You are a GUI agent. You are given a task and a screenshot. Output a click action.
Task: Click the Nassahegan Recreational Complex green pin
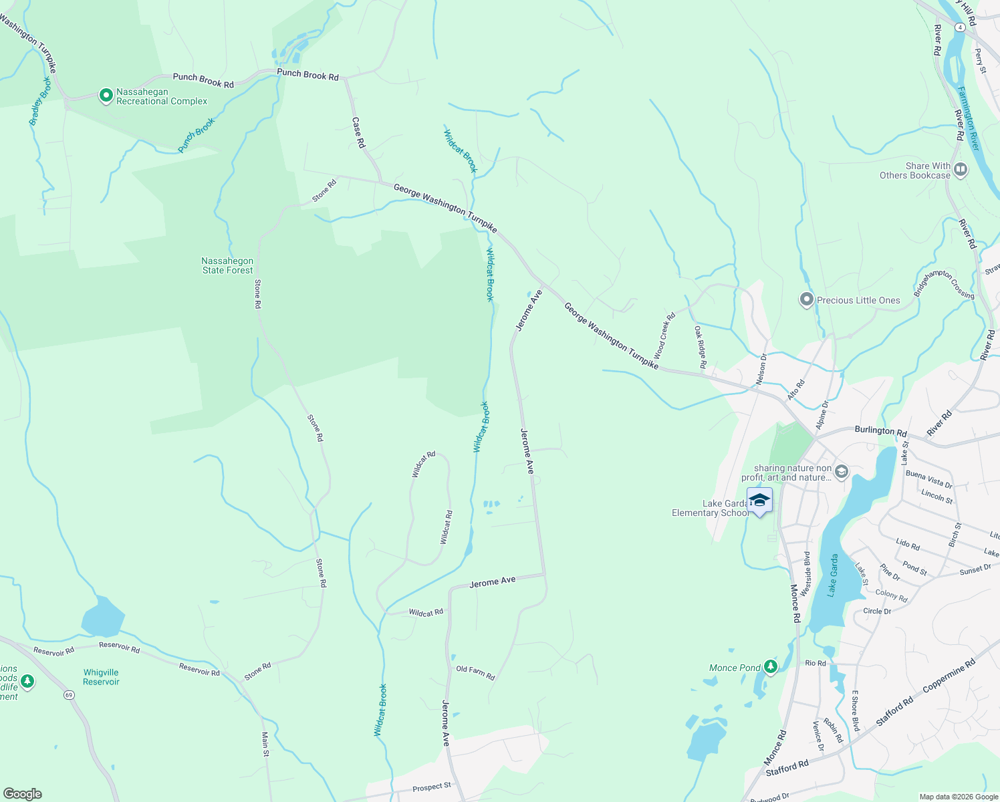click(106, 96)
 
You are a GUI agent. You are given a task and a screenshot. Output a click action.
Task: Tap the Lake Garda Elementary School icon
click(759, 501)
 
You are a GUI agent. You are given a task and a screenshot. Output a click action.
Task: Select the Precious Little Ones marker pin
click(807, 300)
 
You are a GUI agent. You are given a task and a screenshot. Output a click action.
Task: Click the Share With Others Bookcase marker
click(961, 170)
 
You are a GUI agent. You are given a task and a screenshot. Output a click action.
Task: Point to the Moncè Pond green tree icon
click(771, 666)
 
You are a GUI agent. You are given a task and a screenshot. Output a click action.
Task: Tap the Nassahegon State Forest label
click(227, 266)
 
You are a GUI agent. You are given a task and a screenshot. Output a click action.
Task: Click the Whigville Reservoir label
click(101, 677)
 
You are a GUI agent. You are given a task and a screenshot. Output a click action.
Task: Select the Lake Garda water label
click(833, 575)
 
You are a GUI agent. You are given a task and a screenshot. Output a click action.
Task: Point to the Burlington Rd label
click(880, 431)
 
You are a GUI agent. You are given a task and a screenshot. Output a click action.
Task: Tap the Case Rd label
click(359, 132)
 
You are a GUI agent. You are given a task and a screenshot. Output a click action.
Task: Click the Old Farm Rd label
click(475, 672)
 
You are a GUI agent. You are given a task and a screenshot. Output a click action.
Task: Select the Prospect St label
click(431, 787)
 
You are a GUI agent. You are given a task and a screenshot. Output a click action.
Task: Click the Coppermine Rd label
click(949, 676)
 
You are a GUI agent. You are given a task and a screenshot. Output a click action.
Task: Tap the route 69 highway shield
click(69, 695)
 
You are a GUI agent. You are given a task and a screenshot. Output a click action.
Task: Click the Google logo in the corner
click(22, 793)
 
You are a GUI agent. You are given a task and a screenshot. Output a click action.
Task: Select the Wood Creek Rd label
click(664, 336)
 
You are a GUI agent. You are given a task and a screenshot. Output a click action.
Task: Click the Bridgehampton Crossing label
click(944, 284)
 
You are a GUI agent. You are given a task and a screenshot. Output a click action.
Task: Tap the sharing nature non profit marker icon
click(841, 473)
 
